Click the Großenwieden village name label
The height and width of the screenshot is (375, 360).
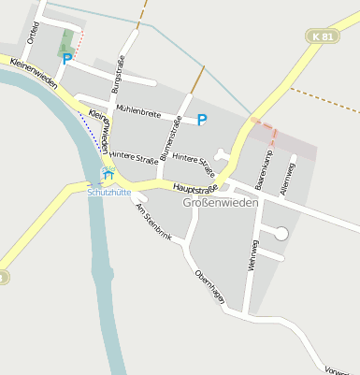221,203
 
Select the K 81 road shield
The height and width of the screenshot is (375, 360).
323,36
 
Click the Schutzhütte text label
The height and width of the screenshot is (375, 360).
108,192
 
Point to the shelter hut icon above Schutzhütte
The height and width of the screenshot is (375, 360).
108,174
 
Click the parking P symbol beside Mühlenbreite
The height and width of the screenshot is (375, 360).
202,120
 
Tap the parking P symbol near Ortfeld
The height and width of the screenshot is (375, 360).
66,58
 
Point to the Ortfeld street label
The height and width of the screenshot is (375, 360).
34,33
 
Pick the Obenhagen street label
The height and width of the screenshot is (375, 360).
209,286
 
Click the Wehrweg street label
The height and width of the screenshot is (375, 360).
252,254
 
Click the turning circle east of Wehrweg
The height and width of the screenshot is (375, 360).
281,234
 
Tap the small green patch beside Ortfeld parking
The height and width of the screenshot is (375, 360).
66,41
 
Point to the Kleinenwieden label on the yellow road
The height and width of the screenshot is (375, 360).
35,71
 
